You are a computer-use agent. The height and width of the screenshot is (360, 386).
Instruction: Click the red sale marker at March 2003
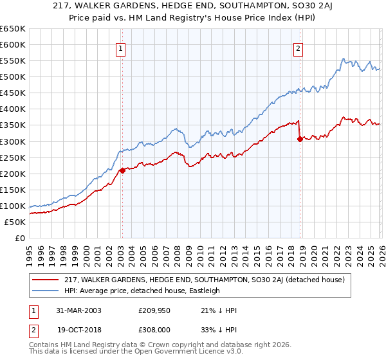pos(122,170)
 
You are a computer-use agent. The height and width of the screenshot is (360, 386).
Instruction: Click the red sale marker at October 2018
pos(300,138)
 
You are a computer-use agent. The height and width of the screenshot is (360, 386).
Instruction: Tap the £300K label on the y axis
pos(13,141)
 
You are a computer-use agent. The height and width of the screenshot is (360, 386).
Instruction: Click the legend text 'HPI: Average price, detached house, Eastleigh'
pos(142,291)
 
